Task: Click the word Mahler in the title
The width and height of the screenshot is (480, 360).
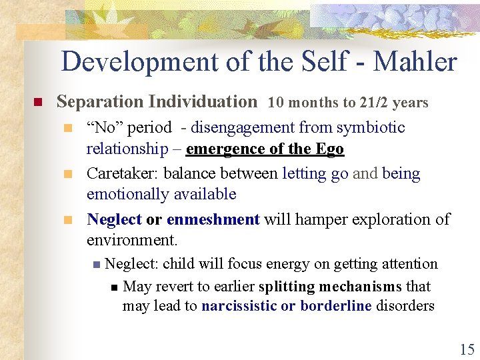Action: point(415,62)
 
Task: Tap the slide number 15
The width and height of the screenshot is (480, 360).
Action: point(466,348)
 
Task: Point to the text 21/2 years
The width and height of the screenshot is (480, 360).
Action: point(393,103)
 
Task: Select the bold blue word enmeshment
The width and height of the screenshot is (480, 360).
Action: point(213,219)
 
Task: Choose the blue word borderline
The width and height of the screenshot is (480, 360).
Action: point(335,307)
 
